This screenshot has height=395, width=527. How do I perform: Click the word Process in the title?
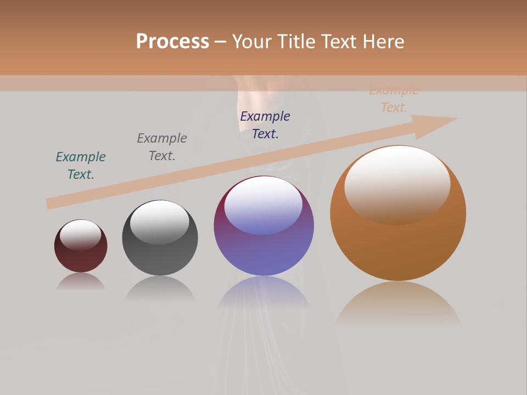click(172, 41)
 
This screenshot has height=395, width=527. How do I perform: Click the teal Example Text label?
click(81, 165)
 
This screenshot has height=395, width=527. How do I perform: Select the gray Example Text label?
click(162, 146)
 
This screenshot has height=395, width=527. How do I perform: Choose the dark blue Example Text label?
click(265, 125)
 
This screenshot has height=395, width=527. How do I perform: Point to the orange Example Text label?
click(394, 99)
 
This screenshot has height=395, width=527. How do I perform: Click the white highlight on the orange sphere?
click(397, 184)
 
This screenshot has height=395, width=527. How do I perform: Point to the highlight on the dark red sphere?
click(80, 234)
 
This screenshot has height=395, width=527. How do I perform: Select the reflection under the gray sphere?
click(160, 288)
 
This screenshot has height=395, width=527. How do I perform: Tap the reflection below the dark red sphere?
click(81, 281)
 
